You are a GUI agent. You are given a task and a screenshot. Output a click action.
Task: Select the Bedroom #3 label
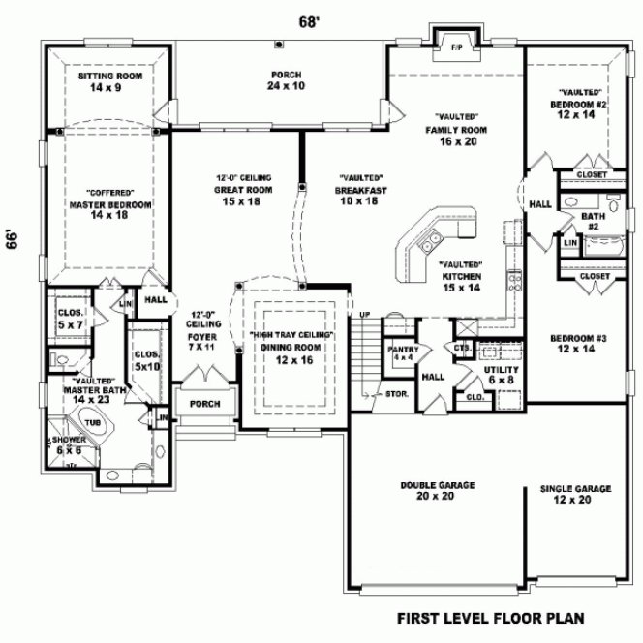578,344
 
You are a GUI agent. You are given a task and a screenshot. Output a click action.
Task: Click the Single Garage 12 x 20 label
575,495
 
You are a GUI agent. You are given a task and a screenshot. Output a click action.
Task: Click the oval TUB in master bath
92,423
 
